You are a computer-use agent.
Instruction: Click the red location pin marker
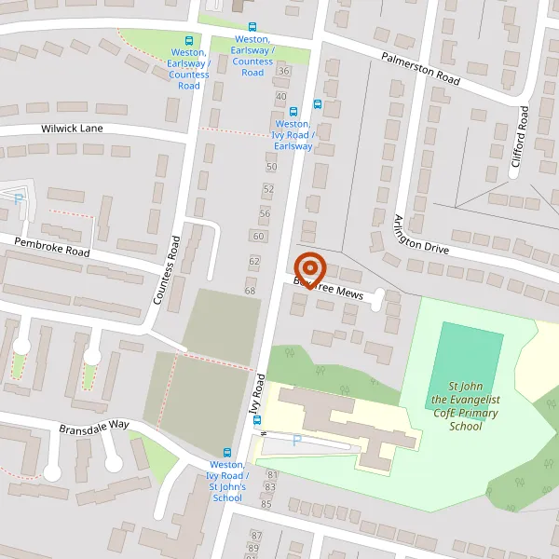[308, 268]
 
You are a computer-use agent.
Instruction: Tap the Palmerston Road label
[420, 69]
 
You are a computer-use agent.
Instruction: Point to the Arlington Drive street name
[420, 233]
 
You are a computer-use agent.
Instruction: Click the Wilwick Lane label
[72, 129]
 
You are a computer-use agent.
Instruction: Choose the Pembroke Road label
[51, 247]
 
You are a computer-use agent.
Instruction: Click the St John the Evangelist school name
[465, 406]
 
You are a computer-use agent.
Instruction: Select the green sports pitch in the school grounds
[470, 360]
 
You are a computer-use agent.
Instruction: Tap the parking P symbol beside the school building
[297, 441]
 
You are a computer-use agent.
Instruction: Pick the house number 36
[284, 71]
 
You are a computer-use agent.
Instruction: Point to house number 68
[250, 292]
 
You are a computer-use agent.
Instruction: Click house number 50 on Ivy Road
[271, 167]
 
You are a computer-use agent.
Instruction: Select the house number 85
[266, 504]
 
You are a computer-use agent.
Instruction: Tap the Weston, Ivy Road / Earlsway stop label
[293, 135]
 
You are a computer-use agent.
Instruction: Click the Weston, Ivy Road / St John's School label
[226, 481]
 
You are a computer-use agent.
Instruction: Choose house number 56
[265, 213]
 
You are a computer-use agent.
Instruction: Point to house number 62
[253, 261]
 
